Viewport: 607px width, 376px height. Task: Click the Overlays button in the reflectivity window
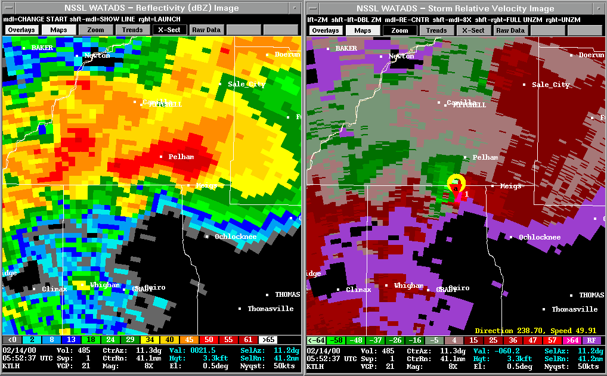pyautogui.click(x=21, y=30)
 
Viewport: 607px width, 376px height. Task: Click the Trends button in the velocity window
pyautogui.click(x=436, y=30)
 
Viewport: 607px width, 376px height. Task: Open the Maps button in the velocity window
pyautogui.click(x=363, y=30)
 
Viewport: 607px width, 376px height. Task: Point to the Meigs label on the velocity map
pyautogui.click(x=510, y=186)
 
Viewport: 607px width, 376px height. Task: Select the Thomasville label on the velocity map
pyautogui.click(x=574, y=309)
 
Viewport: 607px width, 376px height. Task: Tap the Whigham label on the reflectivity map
pyautogui.click(x=106, y=285)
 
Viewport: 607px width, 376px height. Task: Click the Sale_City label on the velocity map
pyautogui.click(x=550, y=85)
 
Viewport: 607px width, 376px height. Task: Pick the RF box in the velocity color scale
pyautogui.click(x=591, y=340)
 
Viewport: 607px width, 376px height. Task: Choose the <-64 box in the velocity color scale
pyautogui.click(x=315, y=340)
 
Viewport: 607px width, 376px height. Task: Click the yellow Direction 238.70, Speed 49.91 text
pyautogui.click(x=535, y=330)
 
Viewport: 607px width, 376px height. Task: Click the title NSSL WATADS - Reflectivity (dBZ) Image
pyautogui.click(x=151, y=8)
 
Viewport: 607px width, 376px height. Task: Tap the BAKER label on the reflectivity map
pyautogui.click(x=42, y=48)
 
